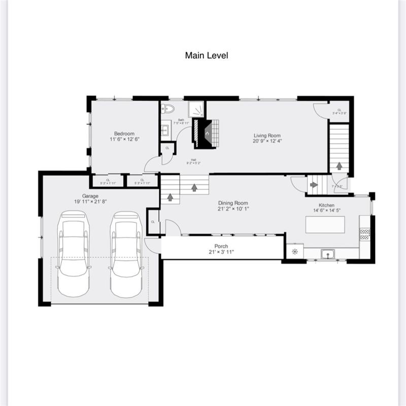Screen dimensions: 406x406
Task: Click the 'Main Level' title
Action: (206, 55)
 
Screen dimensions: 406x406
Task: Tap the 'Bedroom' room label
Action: (124, 133)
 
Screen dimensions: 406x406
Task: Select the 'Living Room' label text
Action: (267, 136)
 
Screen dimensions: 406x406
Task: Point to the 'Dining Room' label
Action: (233, 202)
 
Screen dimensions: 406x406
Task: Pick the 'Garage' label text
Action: (90, 196)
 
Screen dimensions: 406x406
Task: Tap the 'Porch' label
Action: (221, 246)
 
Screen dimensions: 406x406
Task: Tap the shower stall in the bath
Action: (196, 109)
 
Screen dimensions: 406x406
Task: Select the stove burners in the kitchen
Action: (365, 234)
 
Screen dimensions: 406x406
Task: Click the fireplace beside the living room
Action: (207, 133)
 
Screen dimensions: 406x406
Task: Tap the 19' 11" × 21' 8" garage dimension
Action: (90, 201)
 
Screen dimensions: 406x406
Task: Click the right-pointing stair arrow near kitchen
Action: (313, 185)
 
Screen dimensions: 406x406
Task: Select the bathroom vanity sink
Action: (164, 130)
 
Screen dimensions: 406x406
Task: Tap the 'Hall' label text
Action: (194, 159)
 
